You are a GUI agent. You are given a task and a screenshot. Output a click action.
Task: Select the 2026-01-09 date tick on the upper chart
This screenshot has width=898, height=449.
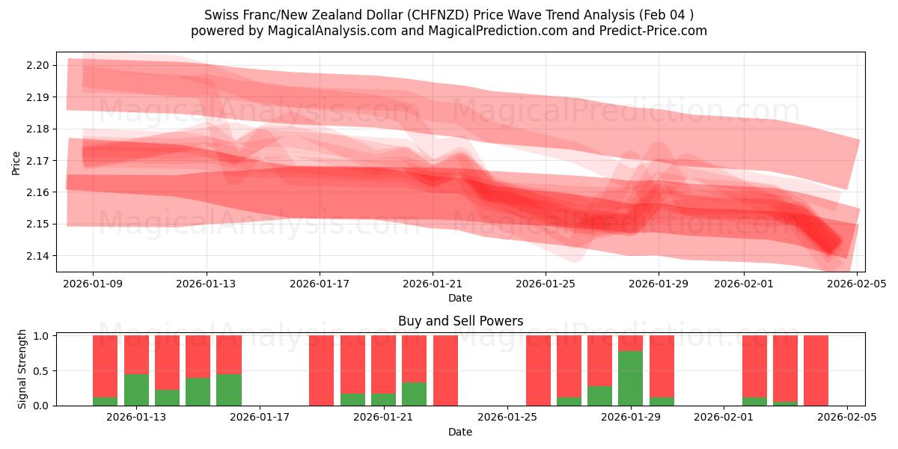(93, 284)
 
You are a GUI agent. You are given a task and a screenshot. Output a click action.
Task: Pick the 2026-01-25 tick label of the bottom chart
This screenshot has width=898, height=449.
(507, 418)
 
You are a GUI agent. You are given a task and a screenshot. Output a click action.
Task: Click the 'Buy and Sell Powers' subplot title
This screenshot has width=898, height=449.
(460, 321)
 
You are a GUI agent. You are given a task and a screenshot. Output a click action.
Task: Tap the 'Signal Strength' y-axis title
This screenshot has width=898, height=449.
(22, 369)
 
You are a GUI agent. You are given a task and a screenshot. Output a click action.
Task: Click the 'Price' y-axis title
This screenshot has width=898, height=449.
(16, 162)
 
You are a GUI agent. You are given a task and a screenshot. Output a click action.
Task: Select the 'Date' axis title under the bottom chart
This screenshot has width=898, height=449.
(460, 432)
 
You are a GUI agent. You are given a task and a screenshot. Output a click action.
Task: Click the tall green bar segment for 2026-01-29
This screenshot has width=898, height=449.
(631, 378)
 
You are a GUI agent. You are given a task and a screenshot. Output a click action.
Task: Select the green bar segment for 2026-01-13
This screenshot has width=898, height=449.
(136, 389)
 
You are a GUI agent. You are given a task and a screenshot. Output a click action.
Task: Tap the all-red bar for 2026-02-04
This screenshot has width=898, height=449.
(816, 370)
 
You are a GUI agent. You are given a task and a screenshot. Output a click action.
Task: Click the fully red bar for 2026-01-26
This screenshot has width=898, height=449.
(538, 370)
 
